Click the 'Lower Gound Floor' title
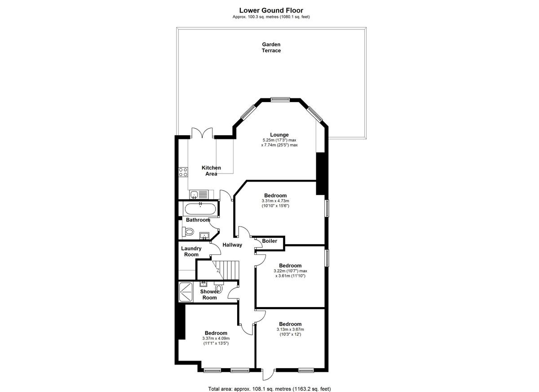click(271, 10)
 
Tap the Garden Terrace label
click(271, 48)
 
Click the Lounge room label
click(279, 135)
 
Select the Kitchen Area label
click(211, 171)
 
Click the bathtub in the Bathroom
click(200, 209)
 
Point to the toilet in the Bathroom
click(188, 232)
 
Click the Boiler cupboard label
click(269, 241)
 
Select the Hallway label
click(232, 245)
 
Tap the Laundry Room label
click(191, 251)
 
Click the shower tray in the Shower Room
click(186, 292)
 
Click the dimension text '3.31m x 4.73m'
click(275, 201)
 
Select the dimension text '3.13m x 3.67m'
click(290, 330)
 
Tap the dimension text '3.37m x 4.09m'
click(216, 339)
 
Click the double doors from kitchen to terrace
click(202, 133)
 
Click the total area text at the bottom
click(269, 382)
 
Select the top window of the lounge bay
click(280, 99)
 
